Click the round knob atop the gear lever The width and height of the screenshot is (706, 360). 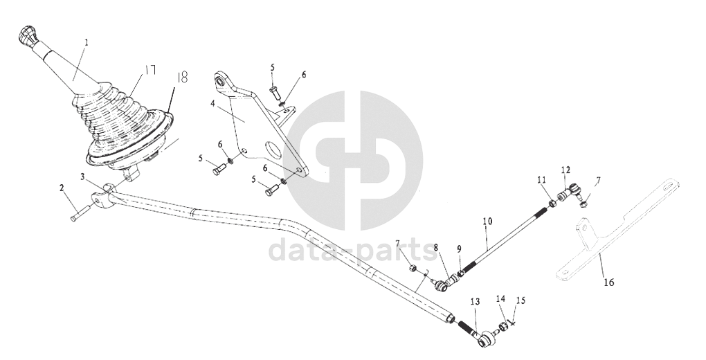pos(26,35)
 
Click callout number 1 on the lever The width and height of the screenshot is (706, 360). pos(87,42)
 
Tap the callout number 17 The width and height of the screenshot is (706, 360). pos(150,71)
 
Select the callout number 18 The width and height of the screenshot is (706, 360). pos(182,78)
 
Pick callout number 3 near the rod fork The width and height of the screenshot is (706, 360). pos(82,177)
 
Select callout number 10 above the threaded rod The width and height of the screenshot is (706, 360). pos(488,222)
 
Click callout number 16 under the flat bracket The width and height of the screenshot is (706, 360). pos(608,282)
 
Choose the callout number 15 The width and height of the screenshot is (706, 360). pos(521,300)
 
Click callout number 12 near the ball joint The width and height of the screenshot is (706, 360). pos(565,170)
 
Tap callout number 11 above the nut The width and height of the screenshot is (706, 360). pos(541,179)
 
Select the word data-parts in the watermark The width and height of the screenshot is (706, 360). pos(352,250)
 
